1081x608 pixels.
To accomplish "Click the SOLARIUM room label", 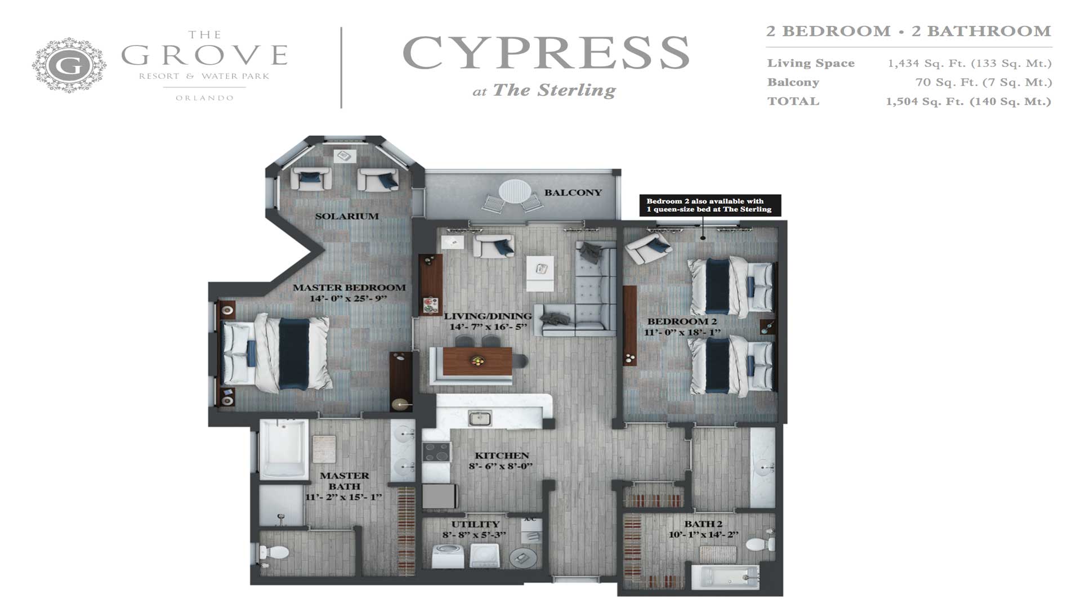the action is point(347,216).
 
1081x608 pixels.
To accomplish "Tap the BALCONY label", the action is point(573,193).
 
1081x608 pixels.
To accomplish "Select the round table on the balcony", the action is point(515,191).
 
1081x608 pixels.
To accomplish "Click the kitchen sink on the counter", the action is point(480,418).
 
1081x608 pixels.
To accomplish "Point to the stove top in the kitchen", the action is point(436,451).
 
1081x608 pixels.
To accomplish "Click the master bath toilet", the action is point(274,553).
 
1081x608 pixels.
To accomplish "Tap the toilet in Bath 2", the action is point(760,544).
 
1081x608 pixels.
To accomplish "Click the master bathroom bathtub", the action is point(283,449).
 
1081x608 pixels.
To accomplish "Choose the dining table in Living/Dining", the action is point(477,361).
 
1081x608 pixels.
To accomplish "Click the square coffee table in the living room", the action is point(540,273).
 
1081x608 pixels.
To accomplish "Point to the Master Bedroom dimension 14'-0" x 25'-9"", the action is point(349,298).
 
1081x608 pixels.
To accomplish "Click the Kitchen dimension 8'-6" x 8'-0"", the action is point(501,466).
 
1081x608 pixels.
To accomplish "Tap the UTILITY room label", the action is point(475,524).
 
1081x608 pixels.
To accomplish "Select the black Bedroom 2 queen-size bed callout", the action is point(710,205).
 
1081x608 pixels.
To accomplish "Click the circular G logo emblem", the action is point(69,65).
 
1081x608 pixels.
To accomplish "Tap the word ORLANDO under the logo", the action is point(204,98).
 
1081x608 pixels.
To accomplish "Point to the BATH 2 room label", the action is point(703,524).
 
